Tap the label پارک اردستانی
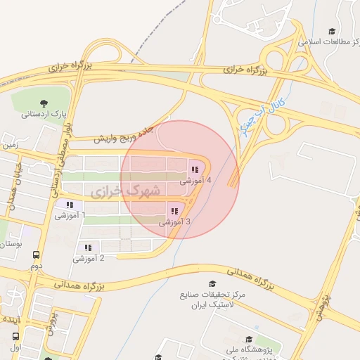pos(44,113)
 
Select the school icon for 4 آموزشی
pos(194,169)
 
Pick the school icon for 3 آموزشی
pos(174,211)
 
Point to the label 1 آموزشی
pos(70,215)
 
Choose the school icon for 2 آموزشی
pos(89,247)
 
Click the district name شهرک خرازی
pos(126,191)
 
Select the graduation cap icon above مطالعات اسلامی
pos(332,31)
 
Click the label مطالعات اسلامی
pos(323,42)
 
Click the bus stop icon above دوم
pos(36,256)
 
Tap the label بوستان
pos(10,243)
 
